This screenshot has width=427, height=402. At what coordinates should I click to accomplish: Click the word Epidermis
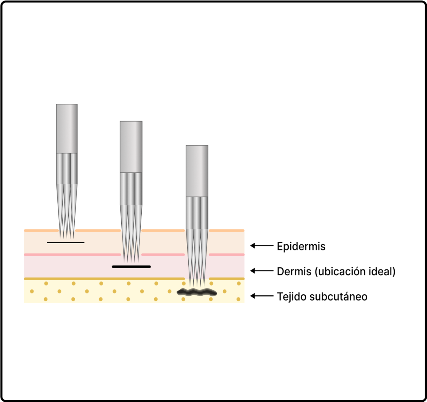coord(301,246)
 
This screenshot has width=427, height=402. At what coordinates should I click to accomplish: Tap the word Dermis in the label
coord(294,272)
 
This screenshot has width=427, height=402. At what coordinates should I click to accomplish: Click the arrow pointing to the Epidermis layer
coord(262,246)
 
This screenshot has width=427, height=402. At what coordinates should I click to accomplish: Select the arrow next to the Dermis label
coord(262,271)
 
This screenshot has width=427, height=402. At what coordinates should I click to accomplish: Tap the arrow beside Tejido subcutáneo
coord(262,296)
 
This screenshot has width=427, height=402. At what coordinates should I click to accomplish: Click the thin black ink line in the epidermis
coord(66,243)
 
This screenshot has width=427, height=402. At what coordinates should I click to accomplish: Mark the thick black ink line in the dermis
coord(131,267)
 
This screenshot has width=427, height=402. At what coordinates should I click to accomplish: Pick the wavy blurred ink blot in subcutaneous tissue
coord(197,293)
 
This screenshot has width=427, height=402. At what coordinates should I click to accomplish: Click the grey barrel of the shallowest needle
coord(67,129)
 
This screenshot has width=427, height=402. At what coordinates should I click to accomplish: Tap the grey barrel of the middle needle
coord(131,147)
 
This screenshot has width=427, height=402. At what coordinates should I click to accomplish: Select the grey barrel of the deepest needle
coord(197,171)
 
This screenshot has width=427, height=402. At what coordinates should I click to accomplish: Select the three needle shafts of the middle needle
coord(131,189)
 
